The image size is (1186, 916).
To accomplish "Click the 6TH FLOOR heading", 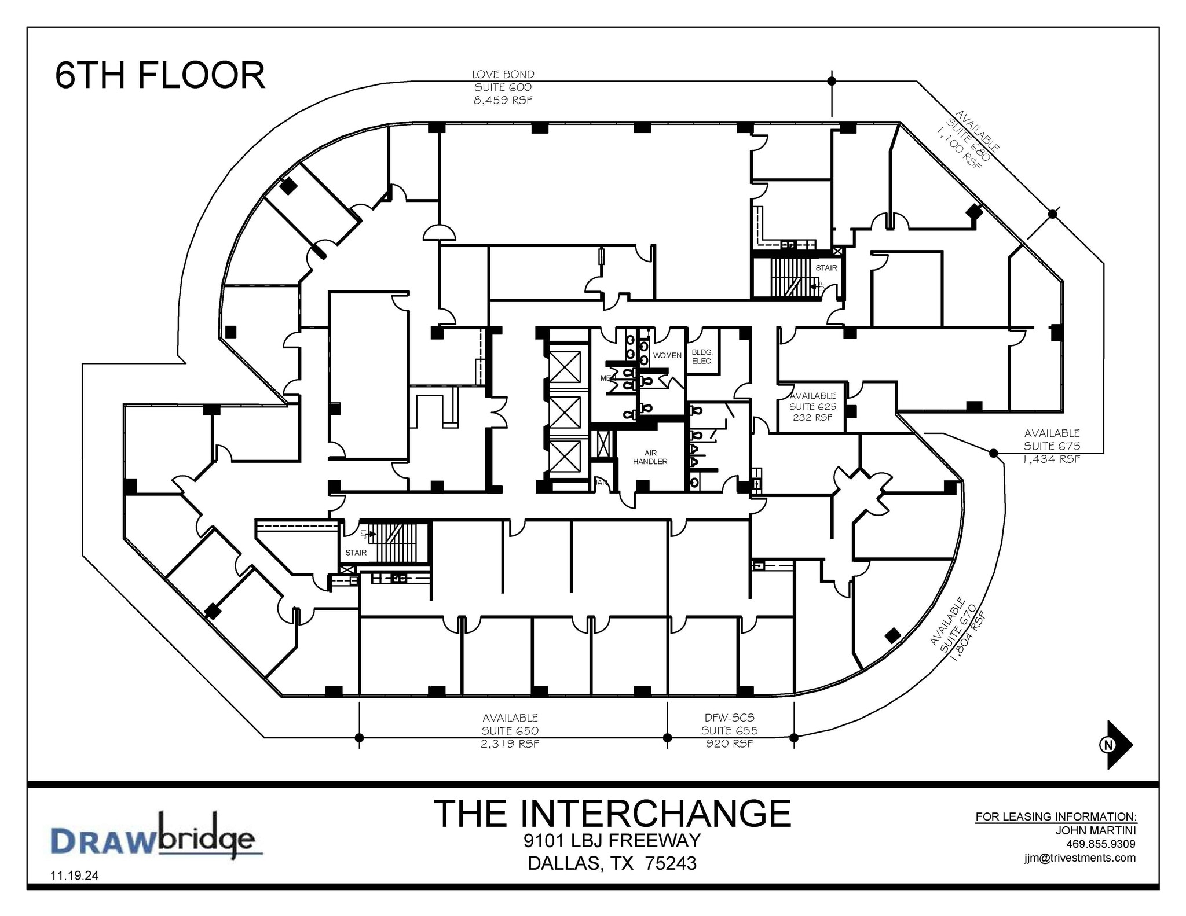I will coord(160,76).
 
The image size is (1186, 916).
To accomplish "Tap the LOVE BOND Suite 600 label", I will coord(503,87).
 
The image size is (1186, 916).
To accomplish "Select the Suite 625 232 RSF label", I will coord(812,406).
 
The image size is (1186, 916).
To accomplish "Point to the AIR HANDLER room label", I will coord(650,457).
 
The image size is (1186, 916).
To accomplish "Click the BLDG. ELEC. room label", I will coord(702,356).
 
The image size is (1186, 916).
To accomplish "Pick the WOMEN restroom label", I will coord(667,355).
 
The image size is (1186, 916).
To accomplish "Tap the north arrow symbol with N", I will coord(1116,745).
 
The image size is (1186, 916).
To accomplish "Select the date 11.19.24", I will coord(75,875).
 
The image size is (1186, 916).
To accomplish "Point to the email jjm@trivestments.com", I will coord(1079,858).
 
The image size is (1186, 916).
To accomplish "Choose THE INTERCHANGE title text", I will coord(612,813).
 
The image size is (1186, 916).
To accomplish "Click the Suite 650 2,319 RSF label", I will coord(510,731).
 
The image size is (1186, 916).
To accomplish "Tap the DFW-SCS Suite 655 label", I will coord(729,731).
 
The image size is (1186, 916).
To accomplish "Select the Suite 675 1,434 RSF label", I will coord(1052,446).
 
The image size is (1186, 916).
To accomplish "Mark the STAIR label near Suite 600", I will coord(826,268).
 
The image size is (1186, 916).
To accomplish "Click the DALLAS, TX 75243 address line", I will coord(612,863).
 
